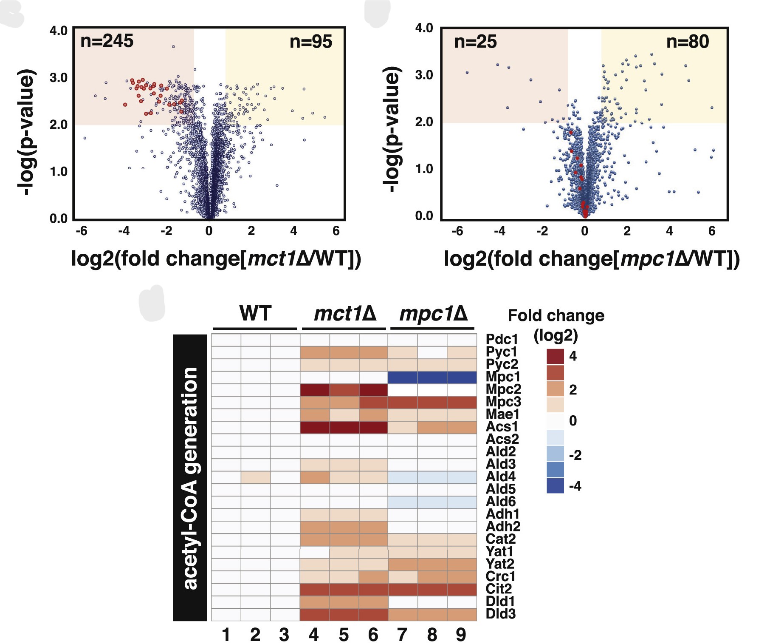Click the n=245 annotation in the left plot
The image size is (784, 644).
coord(107,41)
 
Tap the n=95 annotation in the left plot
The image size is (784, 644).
coord(310,42)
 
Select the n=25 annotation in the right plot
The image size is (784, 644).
coord(475,42)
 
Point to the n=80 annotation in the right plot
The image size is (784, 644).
coord(687,42)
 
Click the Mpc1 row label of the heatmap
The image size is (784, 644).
coord(502,377)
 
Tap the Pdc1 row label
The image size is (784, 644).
coord(502,340)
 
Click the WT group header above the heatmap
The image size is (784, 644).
coord(255,314)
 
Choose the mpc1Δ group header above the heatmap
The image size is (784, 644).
coord(433,314)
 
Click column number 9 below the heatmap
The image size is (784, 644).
coord(461,635)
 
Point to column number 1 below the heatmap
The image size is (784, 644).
coord(226,635)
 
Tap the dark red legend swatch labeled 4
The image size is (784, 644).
coord(555,356)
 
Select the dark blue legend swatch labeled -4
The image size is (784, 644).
coord(555,486)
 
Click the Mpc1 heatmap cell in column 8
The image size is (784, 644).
coord(432,377)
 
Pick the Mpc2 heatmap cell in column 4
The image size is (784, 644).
coord(315,390)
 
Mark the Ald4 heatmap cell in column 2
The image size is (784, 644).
coord(256,477)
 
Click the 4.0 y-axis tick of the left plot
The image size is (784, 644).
coord(59,31)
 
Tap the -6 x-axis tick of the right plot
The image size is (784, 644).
coord(457,231)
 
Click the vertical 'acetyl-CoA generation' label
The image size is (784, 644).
coord(190,478)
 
